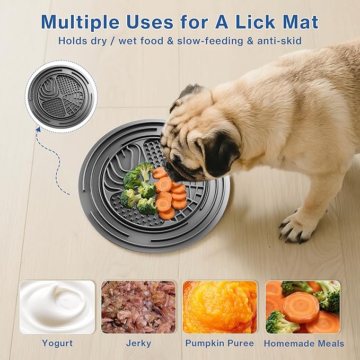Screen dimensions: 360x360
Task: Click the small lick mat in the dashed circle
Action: click(61, 95)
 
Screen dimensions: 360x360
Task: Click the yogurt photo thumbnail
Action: click(57, 307)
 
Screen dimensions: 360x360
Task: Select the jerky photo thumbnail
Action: click(138, 307)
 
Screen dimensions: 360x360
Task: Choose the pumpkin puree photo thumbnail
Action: click(219, 307)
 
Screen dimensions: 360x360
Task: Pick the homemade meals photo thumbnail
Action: click(303, 307)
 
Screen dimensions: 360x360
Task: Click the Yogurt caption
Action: click(57, 344)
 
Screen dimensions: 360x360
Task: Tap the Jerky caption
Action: click(138, 344)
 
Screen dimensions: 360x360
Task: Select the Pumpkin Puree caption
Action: click(219, 344)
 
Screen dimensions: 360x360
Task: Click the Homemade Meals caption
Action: click(304, 344)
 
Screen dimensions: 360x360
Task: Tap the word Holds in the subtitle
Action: click(72, 41)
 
